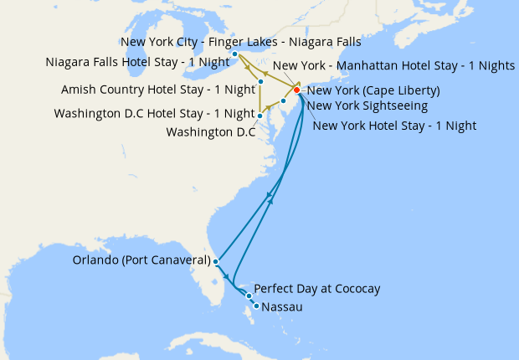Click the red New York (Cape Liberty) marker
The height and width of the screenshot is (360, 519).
[296, 90]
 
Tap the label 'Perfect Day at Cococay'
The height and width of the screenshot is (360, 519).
[316, 289]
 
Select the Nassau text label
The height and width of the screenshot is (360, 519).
[281, 307]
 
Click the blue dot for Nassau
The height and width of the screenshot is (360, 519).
[255, 306]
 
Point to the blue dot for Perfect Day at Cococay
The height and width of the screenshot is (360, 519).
[249, 296]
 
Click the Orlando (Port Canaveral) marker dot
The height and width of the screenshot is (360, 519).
[216, 261]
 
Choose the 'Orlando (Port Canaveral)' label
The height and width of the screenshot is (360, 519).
[141, 261]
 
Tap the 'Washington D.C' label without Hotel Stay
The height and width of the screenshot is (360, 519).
[210, 131]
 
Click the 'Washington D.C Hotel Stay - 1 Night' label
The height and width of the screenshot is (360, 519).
[154, 114]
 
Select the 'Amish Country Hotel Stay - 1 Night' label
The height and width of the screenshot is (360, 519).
[157, 90]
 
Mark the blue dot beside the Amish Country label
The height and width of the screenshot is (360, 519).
[261, 81]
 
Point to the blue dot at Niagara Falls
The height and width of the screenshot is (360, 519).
[234, 54]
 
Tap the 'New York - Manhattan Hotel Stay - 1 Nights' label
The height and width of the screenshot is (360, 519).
[393, 65]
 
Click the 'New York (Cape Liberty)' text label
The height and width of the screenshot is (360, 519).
[374, 90]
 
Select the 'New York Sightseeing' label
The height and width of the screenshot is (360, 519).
[367, 105]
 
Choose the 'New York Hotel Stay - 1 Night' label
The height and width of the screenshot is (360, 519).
[393, 126]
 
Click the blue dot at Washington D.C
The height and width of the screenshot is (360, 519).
[259, 116]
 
